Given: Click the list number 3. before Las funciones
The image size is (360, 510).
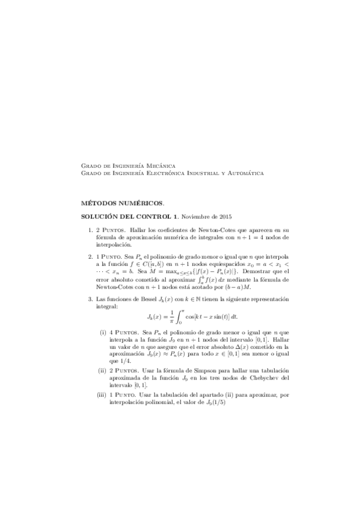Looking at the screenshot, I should coord(90,299).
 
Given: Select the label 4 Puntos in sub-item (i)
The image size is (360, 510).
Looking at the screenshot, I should coord(123,333).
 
